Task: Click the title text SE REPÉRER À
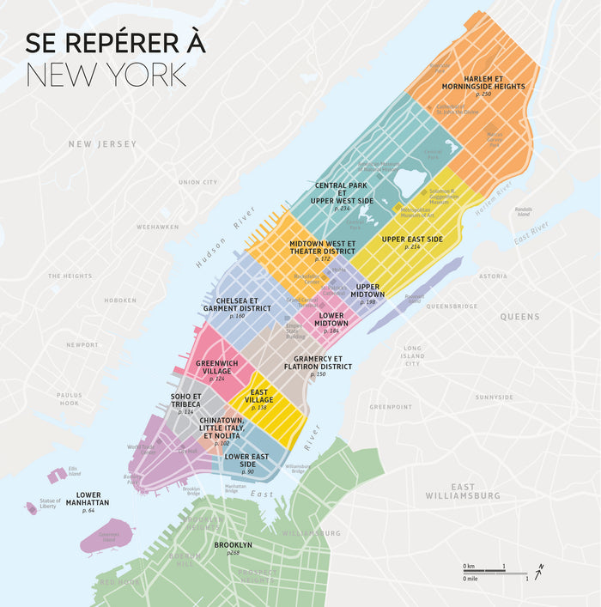pyautogui.click(x=115, y=44)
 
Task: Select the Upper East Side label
pyautogui.click(x=412, y=240)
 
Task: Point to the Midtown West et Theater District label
pyautogui.click(x=322, y=248)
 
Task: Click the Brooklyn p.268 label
pyautogui.click(x=233, y=546)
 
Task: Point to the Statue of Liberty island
pyautogui.click(x=32, y=508)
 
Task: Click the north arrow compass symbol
pyautogui.click(x=538, y=573)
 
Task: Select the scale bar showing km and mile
pyautogui.click(x=495, y=573)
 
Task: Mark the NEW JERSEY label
pyautogui.click(x=102, y=144)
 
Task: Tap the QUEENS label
pyautogui.click(x=519, y=317)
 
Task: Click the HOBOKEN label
pyautogui.click(x=120, y=300)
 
